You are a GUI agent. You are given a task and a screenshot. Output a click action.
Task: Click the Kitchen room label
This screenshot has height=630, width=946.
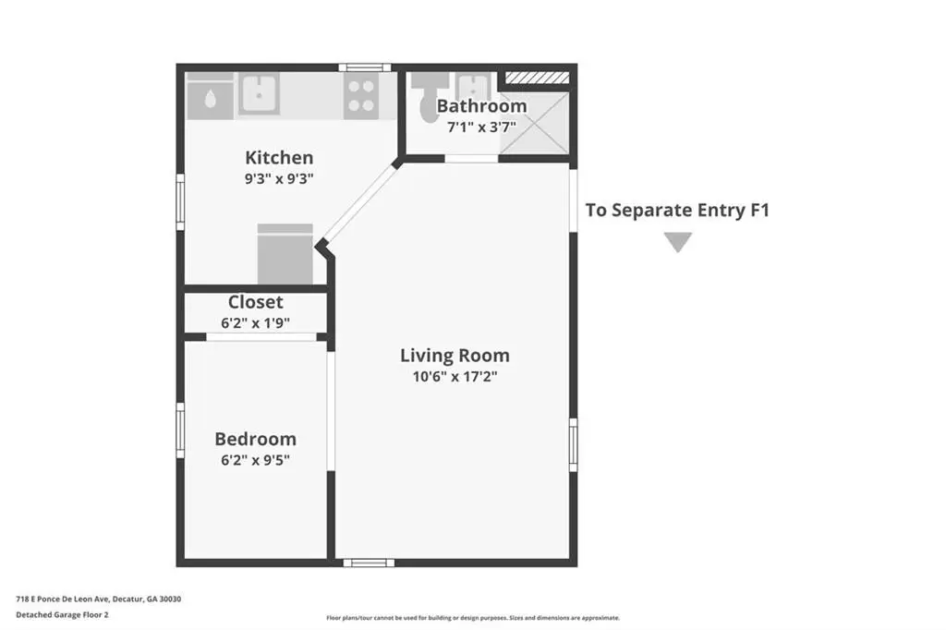[x=279, y=157]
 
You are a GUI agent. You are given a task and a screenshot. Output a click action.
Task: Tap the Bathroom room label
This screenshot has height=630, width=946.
[x=481, y=105]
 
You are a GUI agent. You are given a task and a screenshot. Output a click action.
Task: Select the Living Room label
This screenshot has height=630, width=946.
[x=455, y=356]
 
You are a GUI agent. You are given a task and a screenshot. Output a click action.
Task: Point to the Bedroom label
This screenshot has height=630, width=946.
[x=255, y=439]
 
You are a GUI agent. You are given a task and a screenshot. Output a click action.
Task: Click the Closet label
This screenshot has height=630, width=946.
[x=255, y=302]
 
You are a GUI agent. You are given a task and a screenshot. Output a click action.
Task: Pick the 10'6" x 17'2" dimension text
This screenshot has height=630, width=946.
[x=455, y=377]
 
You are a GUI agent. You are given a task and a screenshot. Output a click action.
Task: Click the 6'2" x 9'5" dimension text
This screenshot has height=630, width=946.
[x=255, y=460]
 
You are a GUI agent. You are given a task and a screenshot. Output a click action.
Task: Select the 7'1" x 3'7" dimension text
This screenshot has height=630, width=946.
[x=481, y=127]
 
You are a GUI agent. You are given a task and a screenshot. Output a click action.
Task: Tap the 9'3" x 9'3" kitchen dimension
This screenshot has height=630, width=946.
[x=279, y=178]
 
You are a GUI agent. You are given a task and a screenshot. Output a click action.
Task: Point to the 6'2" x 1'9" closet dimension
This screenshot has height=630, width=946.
[x=255, y=322]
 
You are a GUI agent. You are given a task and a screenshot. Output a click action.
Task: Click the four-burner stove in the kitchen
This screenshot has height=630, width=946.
[x=361, y=96]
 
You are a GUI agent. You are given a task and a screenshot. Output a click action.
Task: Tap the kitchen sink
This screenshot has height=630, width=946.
[x=259, y=94]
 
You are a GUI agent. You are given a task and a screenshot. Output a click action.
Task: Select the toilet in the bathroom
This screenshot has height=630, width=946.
[x=429, y=97]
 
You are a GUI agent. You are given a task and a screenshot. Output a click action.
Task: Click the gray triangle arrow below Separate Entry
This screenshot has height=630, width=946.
[x=678, y=241]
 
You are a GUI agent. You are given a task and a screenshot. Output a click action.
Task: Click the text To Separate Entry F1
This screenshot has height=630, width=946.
[x=677, y=210]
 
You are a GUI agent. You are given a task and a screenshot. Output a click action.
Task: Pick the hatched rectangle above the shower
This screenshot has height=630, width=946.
[x=537, y=78]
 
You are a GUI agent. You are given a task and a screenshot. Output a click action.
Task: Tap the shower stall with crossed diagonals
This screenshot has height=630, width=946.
[x=535, y=123]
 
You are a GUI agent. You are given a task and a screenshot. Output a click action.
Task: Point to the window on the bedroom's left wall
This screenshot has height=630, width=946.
[x=180, y=430]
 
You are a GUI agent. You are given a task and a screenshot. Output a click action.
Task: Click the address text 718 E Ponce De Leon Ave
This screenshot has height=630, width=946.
[x=62, y=600]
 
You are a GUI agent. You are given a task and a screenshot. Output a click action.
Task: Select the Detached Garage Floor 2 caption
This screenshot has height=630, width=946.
[x=62, y=615]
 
